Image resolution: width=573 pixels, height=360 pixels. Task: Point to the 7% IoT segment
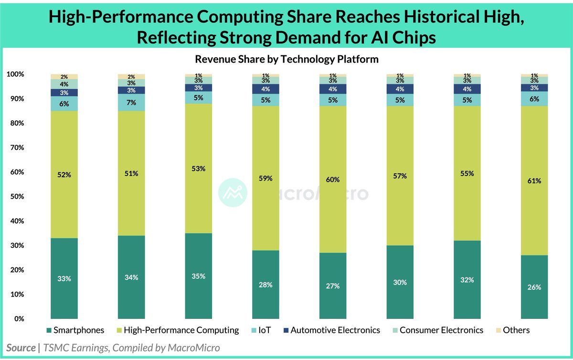pos(131,103)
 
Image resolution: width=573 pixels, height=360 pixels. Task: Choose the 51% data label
pos(131,174)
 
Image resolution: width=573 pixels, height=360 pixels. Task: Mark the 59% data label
pos(265,179)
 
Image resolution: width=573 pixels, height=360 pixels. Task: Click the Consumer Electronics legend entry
pos(436,330)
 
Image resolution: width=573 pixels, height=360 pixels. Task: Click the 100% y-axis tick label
pos(15,74)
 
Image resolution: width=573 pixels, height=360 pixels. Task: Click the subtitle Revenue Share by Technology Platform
pos(286,59)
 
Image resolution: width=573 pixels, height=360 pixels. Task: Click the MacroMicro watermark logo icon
pos(232,193)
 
